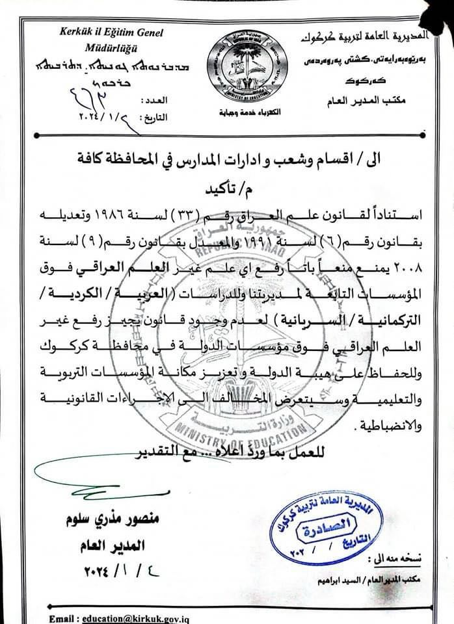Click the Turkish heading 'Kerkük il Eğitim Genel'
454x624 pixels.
112,32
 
